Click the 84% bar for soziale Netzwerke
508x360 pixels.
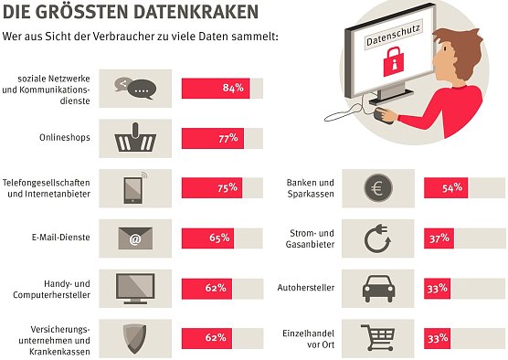(215, 89)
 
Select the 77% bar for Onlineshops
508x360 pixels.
(211, 139)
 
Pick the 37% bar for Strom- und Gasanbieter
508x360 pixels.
(439, 239)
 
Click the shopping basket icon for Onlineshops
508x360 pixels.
(135, 139)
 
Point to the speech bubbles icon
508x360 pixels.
(135, 89)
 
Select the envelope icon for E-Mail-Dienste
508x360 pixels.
(135, 239)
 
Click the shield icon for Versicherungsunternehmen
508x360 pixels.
(135, 339)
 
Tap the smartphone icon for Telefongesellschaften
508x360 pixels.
(135, 189)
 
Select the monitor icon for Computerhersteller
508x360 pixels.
(135, 290)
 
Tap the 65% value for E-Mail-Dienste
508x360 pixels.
(218, 239)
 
